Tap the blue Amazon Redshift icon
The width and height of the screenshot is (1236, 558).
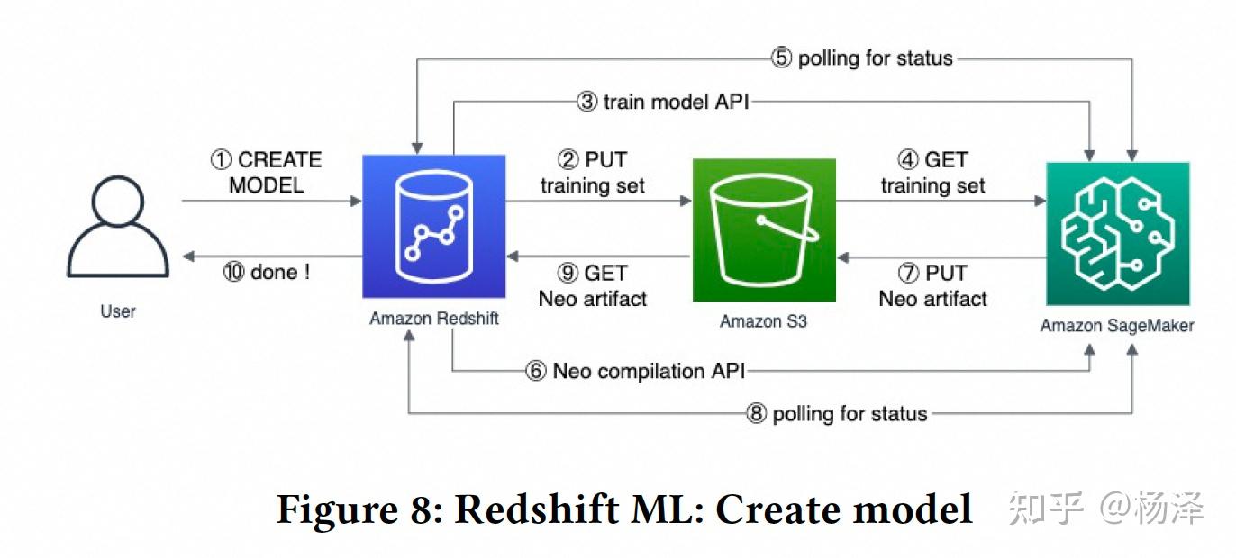click(x=434, y=227)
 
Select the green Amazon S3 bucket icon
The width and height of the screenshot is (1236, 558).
click(x=764, y=230)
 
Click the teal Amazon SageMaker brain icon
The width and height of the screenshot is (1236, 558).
click(x=1117, y=233)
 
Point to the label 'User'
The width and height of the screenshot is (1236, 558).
click(x=118, y=311)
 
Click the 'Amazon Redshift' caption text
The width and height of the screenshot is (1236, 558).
click(x=434, y=319)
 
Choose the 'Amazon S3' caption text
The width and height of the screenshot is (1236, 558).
click(x=763, y=320)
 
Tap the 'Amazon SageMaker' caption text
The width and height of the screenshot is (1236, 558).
click(x=1117, y=326)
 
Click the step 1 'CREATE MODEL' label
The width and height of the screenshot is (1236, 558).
click(x=267, y=173)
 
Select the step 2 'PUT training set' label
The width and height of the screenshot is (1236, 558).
click(x=593, y=173)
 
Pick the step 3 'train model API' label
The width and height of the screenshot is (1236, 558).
click(x=663, y=102)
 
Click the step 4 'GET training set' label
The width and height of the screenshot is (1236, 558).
click(x=932, y=173)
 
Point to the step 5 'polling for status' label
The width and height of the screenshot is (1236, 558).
click(x=862, y=58)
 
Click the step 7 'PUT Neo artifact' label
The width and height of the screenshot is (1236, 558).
click(x=932, y=285)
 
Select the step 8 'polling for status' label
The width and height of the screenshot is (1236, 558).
click(x=837, y=414)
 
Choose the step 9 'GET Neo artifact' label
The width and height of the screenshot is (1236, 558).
click(x=593, y=285)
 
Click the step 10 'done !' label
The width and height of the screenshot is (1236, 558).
click(x=267, y=272)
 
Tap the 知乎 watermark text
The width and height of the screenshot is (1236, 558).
click(x=1045, y=509)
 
